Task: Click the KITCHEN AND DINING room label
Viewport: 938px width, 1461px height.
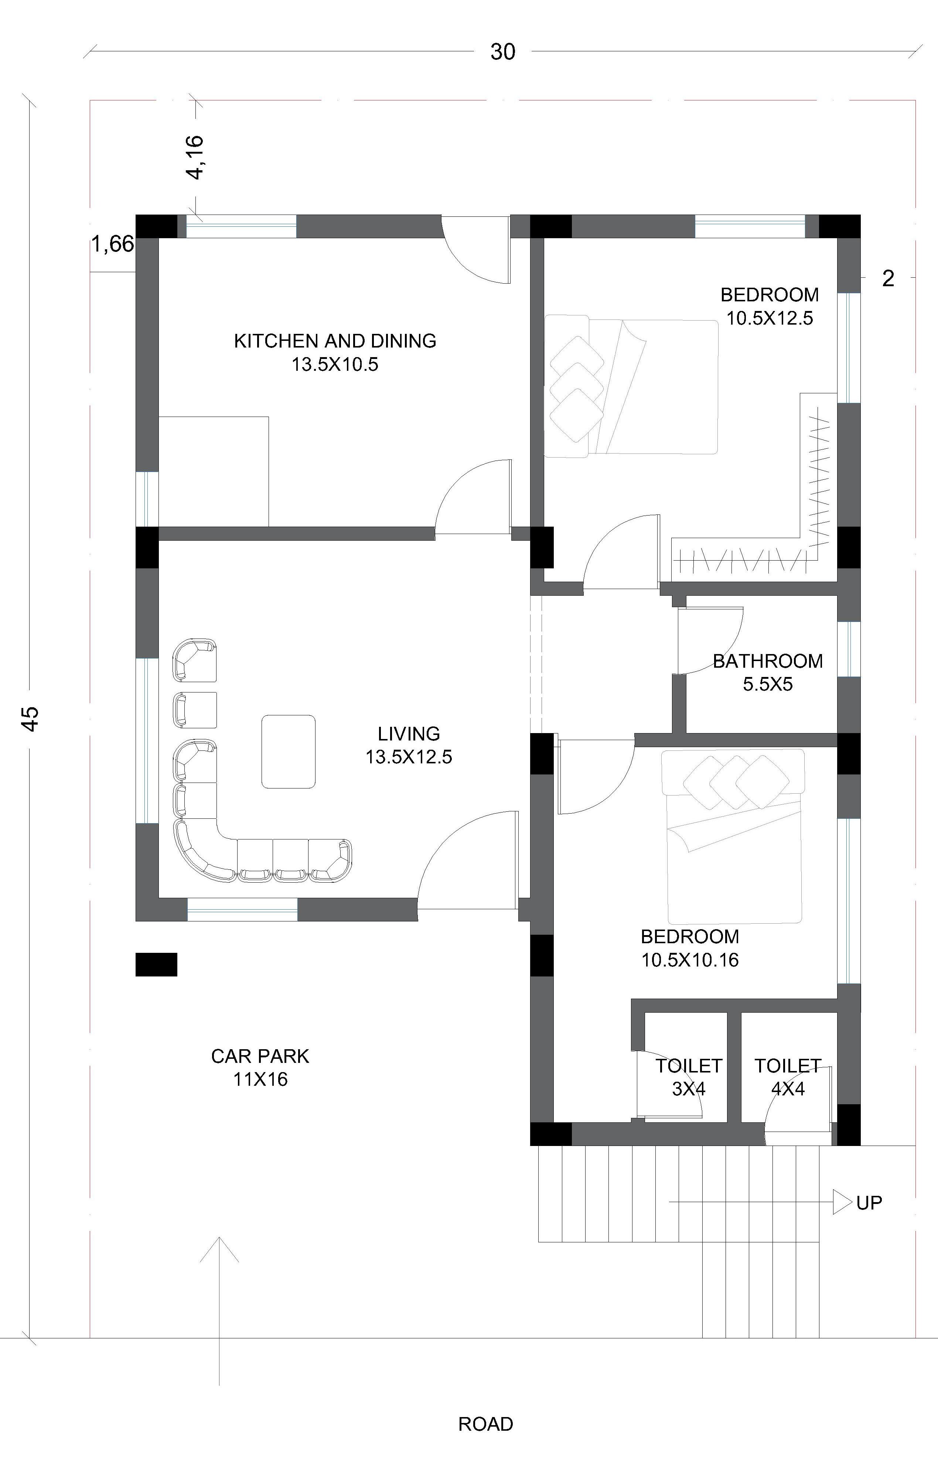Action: (x=335, y=352)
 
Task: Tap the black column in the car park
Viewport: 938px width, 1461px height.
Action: (x=156, y=964)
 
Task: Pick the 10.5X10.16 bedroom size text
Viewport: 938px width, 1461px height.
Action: (x=690, y=960)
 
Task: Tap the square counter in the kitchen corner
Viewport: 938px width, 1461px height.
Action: (x=214, y=472)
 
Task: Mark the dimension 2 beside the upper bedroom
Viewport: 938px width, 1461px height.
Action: (x=888, y=278)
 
